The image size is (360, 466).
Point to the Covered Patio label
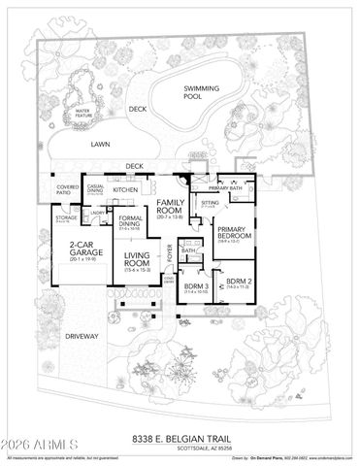pyautogui.click(x=67, y=188)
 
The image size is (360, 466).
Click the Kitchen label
pyautogui.click(x=127, y=189)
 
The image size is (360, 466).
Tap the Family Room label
pyautogui.click(x=170, y=204)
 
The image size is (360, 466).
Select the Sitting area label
pyautogui.click(x=210, y=203)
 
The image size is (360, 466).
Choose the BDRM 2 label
pyautogui.click(x=238, y=283)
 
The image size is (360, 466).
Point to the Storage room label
pyautogui.click(x=66, y=218)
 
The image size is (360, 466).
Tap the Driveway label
pyautogui.click(x=82, y=336)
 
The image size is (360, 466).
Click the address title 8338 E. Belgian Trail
pyautogui.click(x=180, y=438)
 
